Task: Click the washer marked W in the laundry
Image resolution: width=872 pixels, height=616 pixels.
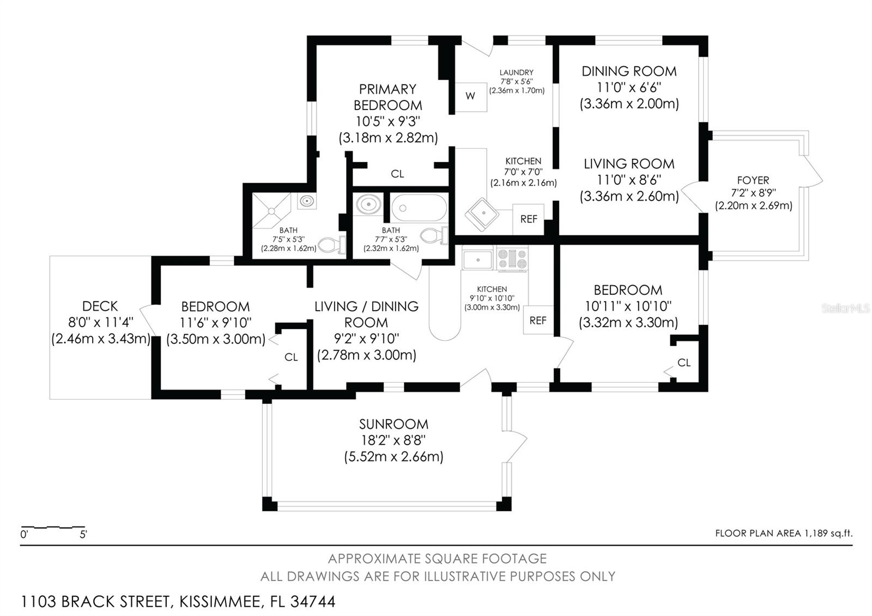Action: click(x=471, y=97)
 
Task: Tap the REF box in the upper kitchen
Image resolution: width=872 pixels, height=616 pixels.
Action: click(x=528, y=219)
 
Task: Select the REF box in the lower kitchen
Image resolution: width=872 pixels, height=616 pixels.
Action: click(x=538, y=320)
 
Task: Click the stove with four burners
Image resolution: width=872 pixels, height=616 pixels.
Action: click(x=513, y=259)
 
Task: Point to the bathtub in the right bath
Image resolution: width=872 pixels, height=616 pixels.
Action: click(x=419, y=208)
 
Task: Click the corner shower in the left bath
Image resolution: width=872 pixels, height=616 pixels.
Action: click(x=272, y=210)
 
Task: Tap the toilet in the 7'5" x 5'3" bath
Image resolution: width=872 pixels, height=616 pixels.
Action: click(x=332, y=245)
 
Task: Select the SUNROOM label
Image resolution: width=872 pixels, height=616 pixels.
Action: click(x=393, y=424)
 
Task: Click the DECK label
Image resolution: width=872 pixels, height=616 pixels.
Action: click(x=100, y=306)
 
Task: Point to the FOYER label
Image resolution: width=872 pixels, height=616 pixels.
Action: click(x=753, y=180)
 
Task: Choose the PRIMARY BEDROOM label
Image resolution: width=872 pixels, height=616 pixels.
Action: click(x=387, y=98)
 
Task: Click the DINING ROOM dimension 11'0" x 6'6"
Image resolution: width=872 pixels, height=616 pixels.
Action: click(x=629, y=88)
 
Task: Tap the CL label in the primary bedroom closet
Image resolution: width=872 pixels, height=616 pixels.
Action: click(x=397, y=174)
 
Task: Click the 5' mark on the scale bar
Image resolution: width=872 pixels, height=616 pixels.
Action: click(x=83, y=534)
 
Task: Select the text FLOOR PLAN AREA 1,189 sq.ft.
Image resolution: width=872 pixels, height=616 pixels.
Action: click(x=784, y=533)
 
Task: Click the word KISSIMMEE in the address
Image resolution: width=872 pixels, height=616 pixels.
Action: click(x=220, y=602)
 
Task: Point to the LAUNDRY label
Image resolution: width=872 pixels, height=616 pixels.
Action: click(x=517, y=73)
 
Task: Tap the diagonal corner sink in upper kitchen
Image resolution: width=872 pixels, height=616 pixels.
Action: click(x=482, y=215)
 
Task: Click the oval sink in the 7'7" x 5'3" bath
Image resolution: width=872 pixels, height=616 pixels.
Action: click(x=368, y=204)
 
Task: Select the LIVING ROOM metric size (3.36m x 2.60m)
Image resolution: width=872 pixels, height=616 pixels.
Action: click(x=629, y=196)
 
